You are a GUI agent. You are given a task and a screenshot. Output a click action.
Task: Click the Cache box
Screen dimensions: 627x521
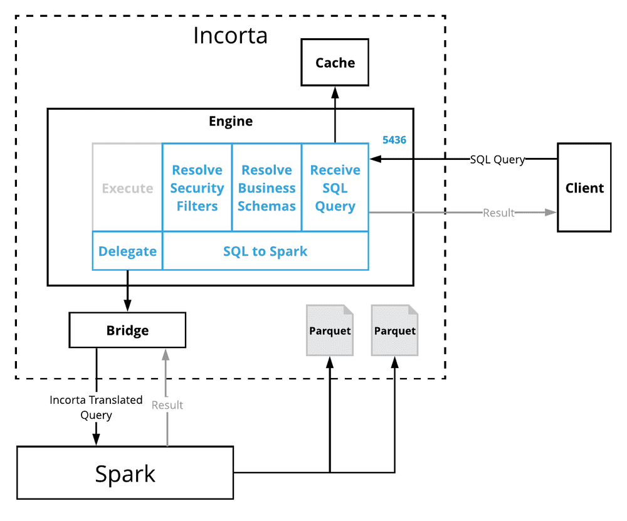coord(335,62)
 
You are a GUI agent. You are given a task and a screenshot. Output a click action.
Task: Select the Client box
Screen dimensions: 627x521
coord(584,187)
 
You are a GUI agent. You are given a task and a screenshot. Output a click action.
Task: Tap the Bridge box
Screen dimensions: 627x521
coord(127,330)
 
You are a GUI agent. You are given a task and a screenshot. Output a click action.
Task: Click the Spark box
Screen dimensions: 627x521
coord(125,473)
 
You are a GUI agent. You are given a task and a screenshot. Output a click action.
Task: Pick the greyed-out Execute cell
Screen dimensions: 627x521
coord(127,187)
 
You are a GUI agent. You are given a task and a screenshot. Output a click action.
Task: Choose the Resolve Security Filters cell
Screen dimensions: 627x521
coord(197,187)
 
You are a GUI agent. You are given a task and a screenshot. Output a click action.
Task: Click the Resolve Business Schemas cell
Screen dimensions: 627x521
coord(266,187)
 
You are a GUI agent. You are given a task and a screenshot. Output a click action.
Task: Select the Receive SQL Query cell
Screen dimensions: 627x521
coord(335,187)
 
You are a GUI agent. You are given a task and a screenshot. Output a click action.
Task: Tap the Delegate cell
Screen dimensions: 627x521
coord(127,251)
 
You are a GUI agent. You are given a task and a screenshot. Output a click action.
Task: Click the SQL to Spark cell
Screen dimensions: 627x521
coord(265,251)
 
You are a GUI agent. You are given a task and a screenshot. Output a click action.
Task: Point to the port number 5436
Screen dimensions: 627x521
coord(394,140)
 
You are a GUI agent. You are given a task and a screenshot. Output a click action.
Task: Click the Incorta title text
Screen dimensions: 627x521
coord(230,36)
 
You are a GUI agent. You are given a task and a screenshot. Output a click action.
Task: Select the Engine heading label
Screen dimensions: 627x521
coord(231,121)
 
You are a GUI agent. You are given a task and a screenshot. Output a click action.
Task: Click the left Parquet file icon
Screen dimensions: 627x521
coord(330,330)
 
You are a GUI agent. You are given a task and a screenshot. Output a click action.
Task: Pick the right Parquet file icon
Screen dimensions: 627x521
coord(394,330)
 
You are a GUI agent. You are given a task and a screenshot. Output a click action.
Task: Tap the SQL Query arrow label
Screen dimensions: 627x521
coord(497,159)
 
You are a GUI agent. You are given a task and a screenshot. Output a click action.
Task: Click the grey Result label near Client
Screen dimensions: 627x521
coord(498,213)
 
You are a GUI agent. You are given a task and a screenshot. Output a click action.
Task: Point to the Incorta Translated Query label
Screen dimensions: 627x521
coord(96,407)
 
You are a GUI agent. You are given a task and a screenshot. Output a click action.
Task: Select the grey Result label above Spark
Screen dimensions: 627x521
coord(167,405)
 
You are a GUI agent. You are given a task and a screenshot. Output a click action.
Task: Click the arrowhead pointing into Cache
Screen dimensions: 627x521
coord(335,93)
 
